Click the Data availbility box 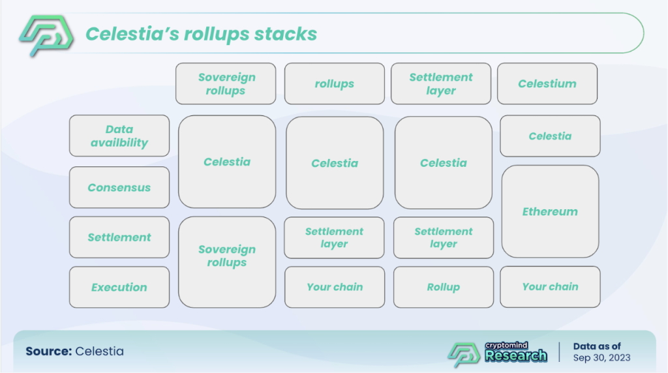tap(119, 136)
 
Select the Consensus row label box tap(119, 187)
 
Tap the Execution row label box tap(119, 287)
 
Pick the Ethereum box tap(550, 211)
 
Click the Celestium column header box tap(547, 83)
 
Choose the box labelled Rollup tap(444, 287)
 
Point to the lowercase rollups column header tap(335, 83)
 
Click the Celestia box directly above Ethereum tap(550, 136)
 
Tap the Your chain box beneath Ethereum tap(550, 286)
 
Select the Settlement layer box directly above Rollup tap(444, 237)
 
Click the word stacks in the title tap(286, 34)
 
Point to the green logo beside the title tap(46, 35)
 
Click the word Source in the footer tap(48, 351)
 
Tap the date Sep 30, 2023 tap(601, 357)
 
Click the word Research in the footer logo tap(516, 355)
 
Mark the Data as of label tap(597, 346)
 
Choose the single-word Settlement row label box tap(119, 237)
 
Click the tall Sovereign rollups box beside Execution tap(227, 262)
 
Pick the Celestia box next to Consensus tap(227, 162)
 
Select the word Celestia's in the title tap(132, 34)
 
